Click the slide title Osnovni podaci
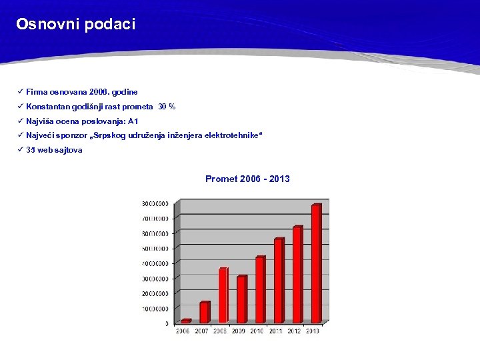pos(75,25)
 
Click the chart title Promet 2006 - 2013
pos(247,179)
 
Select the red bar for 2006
pos(186,321)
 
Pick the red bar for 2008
pos(223,295)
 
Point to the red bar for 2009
pos(241,299)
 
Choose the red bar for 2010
pos(260,290)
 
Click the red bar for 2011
pos(279,281)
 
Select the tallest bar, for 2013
pos(316,263)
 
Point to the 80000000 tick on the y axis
pos(155,203)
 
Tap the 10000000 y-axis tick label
pos(155,309)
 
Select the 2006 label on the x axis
pos(183,331)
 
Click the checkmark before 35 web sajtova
pos(21,150)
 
